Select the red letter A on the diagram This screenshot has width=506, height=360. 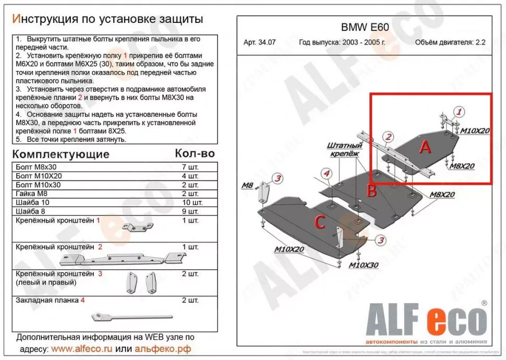point(425,148)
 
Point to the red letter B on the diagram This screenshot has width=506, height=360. point(371,191)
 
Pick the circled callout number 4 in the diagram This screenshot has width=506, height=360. point(326,173)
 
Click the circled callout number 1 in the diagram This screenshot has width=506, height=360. point(459,111)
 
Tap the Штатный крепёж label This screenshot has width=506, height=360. point(345,149)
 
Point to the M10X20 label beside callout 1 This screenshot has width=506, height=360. point(474,130)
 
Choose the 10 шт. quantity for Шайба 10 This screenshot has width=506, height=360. point(190,202)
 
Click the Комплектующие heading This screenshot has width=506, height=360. point(61,154)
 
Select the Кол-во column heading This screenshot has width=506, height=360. point(195,153)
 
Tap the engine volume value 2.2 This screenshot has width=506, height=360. point(480,43)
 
